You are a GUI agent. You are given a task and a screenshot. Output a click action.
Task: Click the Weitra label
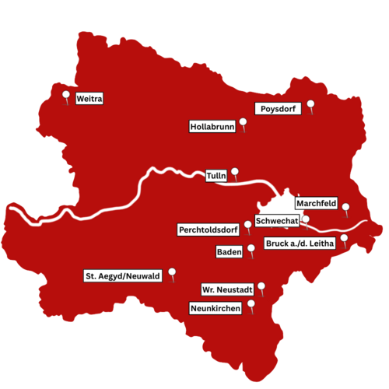click(89, 99)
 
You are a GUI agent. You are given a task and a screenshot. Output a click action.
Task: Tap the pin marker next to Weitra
click(67, 96)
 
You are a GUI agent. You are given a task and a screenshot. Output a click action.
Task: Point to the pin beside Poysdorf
click(310, 104)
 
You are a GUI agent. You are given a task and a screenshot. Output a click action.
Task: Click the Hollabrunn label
click(212, 126)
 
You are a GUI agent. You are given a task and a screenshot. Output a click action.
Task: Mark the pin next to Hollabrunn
click(244, 122)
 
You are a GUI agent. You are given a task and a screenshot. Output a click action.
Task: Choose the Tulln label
click(216, 177)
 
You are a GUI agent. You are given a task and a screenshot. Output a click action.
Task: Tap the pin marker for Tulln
click(235, 173)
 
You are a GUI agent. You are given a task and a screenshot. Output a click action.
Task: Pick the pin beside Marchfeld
click(345, 207)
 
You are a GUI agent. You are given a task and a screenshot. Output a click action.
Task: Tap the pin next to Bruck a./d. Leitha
click(344, 238)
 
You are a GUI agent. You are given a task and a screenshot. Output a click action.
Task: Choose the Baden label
click(228, 252)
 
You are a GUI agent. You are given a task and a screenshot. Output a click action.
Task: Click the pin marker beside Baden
click(251, 249)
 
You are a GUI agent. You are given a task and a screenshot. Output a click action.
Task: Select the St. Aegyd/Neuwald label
click(123, 275)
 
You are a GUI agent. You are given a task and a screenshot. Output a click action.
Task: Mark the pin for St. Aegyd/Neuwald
click(172, 273)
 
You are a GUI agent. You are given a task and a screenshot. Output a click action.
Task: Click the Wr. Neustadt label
click(227, 289)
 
